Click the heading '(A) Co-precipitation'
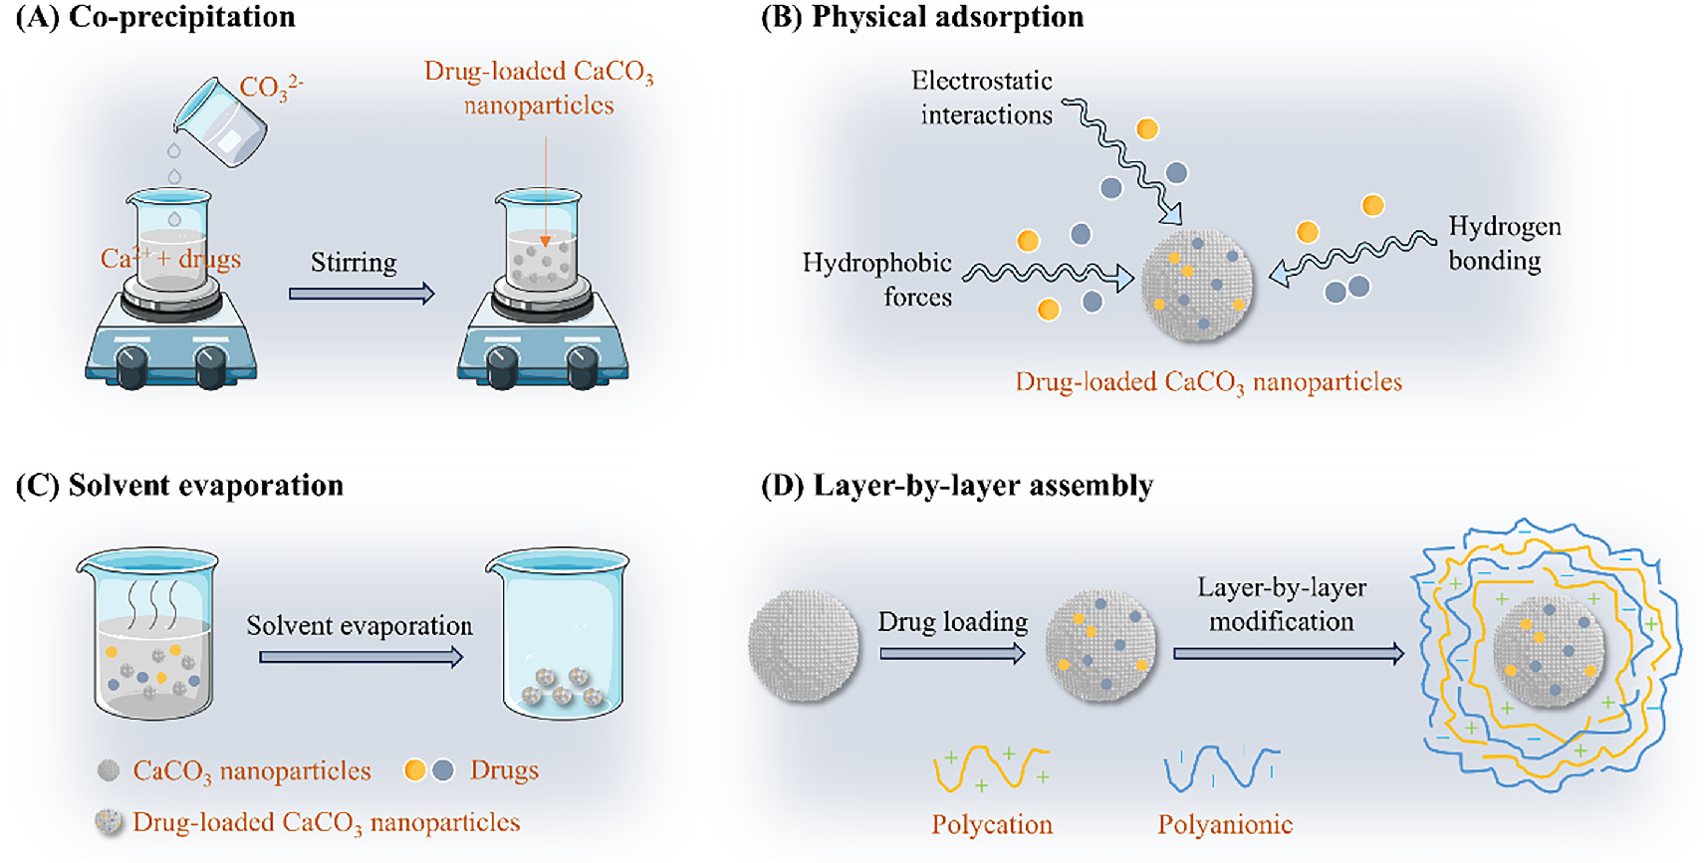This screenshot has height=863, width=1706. tap(155, 17)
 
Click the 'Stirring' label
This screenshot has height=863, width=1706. tap(354, 262)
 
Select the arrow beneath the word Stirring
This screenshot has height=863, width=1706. tap(361, 294)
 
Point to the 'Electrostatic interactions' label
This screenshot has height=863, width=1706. tap(983, 98)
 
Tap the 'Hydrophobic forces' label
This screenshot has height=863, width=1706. tap(877, 280)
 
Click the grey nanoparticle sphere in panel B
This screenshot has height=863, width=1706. tap(1197, 286)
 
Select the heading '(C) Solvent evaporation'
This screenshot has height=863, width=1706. tap(180, 486)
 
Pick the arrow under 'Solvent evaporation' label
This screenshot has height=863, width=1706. tap(361, 657)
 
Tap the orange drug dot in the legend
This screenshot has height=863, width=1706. tap(415, 770)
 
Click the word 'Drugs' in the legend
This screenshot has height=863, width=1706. tap(504, 770)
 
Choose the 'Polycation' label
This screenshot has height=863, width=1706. tap(992, 825)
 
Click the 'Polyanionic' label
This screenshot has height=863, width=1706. tap(1225, 825)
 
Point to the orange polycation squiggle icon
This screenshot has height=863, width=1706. tap(991, 769)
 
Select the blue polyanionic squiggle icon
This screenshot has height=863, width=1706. tap(1221, 767)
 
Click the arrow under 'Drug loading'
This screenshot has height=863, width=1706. tap(952, 654)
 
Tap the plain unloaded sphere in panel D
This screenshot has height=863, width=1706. tap(804, 646)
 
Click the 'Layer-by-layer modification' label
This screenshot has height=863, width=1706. tap(1281, 604)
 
